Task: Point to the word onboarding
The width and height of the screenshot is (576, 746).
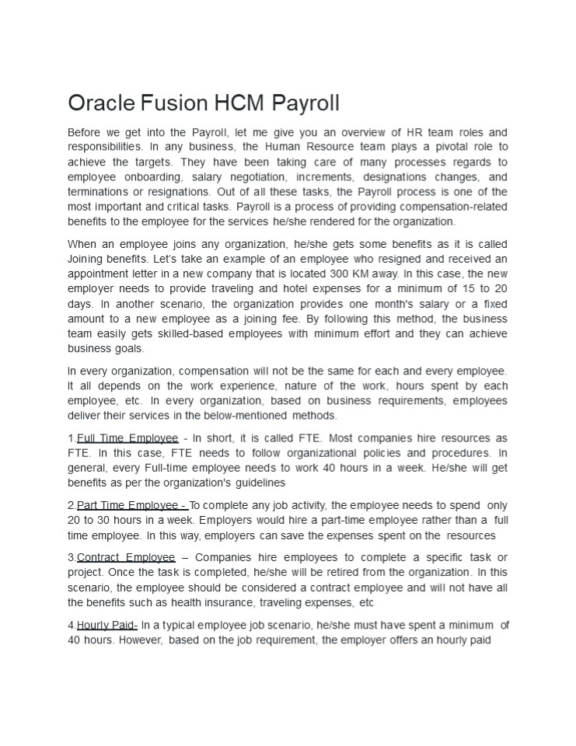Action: (x=150, y=176)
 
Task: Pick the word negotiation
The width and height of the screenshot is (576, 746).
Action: (x=250, y=176)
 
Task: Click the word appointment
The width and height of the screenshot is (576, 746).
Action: (x=100, y=274)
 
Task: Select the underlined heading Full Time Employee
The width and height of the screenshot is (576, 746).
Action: (x=127, y=438)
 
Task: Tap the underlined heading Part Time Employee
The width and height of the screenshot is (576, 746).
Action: (x=132, y=506)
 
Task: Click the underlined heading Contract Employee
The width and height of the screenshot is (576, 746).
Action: (x=126, y=558)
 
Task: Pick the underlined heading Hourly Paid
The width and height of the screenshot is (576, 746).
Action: (x=107, y=626)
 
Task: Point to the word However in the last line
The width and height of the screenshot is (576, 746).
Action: (x=138, y=640)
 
